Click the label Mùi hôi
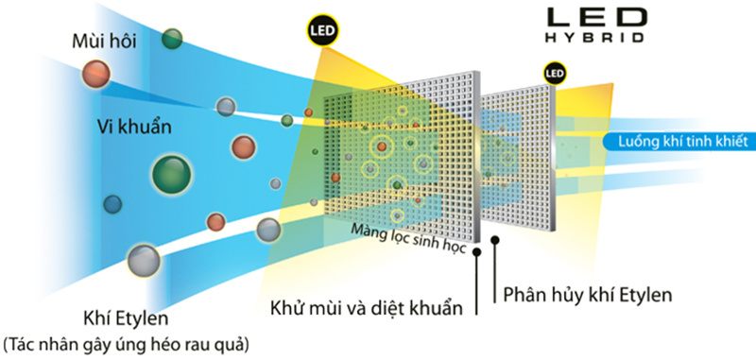(104, 41)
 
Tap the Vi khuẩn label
(134, 128)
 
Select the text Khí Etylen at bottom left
(126, 318)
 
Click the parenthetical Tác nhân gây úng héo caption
(127, 344)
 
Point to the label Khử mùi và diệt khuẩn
(366, 307)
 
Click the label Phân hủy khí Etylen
(587, 295)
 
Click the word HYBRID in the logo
(594, 38)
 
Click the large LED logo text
(595, 17)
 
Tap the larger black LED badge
(322, 31)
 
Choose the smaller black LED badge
(554, 74)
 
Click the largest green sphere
(172, 174)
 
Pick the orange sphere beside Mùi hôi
(95, 74)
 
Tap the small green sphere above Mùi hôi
(172, 39)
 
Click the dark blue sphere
(112, 204)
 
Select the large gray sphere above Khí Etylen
(144, 260)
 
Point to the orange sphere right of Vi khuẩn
(243, 147)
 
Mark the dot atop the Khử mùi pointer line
(477, 251)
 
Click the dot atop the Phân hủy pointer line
(494, 239)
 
